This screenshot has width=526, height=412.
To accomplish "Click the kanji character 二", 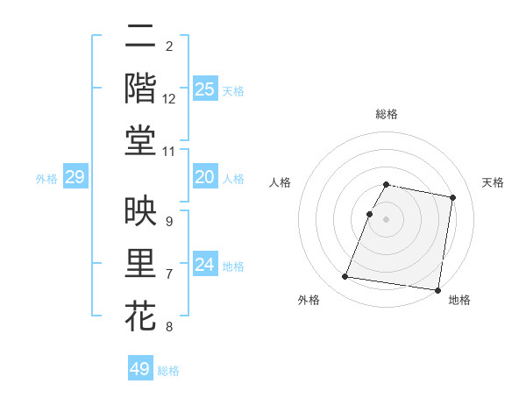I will pyautogui.click(x=140, y=36).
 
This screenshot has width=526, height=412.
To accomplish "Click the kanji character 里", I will pyautogui.click(x=140, y=264).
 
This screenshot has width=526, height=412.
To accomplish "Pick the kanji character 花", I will pyautogui.click(x=140, y=316).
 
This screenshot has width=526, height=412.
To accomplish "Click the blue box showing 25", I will pyautogui.click(x=204, y=89).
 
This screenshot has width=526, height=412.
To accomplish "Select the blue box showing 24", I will pyautogui.click(x=204, y=265).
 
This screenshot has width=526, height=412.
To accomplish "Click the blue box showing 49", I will pyautogui.click(x=140, y=369).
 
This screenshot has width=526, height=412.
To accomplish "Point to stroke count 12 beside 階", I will pyautogui.click(x=169, y=99).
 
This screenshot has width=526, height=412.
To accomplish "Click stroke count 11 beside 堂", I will pyautogui.click(x=169, y=153).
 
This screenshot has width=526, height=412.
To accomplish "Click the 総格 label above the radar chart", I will pyautogui.click(x=387, y=114).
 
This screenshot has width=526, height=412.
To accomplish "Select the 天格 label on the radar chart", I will pyautogui.click(x=494, y=182).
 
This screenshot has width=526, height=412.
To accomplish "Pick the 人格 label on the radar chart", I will pyautogui.click(x=281, y=182).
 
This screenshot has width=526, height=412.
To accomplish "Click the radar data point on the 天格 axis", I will pyautogui.click(x=453, y=198).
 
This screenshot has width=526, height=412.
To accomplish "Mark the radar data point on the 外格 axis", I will pyautogui.click(x=345, y=277).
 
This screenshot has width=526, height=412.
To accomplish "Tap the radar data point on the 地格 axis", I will pyautogui.click(x=437, y=289).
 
